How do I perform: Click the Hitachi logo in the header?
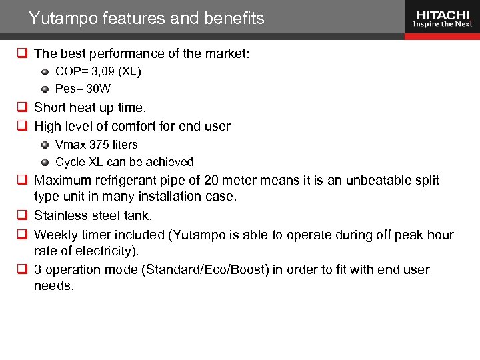tap(443, 18)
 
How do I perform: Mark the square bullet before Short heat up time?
tap(21, 108)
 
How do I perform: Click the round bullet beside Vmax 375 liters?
tap(45, 144)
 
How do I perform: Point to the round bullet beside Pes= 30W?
tap(45, 88)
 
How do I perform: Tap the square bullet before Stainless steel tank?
tap(21, 215)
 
